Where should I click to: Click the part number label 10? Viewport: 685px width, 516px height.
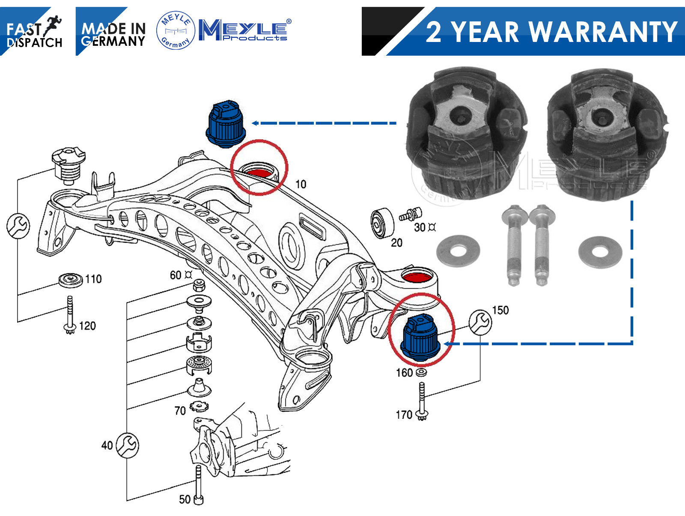point(301,184)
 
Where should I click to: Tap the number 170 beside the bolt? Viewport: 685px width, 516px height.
point(403,415)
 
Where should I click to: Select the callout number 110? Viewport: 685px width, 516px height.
point(93,279)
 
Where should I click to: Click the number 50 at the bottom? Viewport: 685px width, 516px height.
point(185,499)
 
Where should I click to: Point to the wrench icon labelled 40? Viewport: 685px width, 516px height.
point(128,445)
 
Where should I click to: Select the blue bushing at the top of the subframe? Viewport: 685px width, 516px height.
point(226,124)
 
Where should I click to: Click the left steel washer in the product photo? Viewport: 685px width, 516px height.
point(458,251)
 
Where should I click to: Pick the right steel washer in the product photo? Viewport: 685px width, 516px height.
point(600,251)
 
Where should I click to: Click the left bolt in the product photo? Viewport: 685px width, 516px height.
point(512,244)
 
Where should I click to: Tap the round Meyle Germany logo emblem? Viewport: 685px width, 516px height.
point(176,30)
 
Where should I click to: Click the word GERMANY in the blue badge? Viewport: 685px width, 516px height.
point(113,42)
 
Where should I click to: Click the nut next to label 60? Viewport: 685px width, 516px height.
point(198,285)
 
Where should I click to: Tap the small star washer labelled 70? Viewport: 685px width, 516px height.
point(199,405)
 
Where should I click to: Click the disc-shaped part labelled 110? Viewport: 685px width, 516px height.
point(71,280)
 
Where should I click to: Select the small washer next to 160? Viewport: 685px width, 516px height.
point(421,373)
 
